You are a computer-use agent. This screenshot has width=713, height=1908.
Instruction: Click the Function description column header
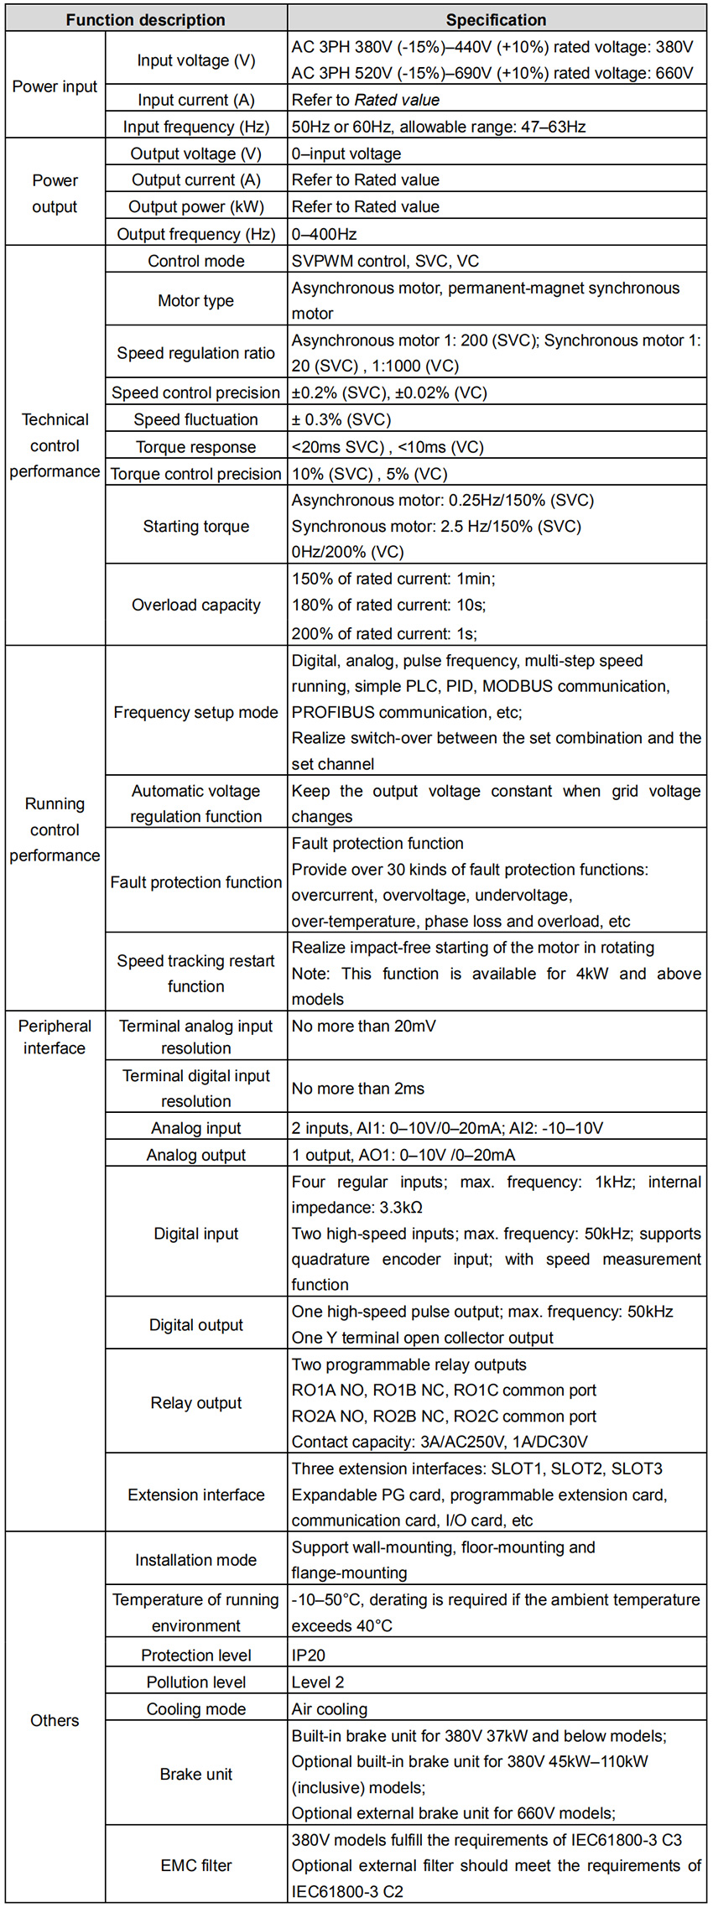(145, 19)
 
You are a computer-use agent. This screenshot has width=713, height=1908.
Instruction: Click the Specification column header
(496, 19)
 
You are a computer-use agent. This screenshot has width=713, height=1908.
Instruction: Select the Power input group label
(55, 86)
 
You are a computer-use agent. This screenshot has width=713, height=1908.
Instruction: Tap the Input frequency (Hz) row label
(196, 127)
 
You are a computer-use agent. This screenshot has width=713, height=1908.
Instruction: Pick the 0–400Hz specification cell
(325, 234)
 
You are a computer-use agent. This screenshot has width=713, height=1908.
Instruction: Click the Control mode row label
(196, 261)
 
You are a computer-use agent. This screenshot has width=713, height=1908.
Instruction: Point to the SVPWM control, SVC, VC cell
(386, 261)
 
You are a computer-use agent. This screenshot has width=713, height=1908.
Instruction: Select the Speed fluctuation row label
(196, 419)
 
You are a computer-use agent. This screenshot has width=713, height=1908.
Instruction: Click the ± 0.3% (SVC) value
(341, 419)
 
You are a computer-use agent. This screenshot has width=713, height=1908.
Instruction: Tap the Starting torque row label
(196, 526)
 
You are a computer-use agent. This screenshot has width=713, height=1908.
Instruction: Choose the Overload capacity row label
(196, 605)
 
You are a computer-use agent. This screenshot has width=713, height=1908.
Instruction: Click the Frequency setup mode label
(196, 712)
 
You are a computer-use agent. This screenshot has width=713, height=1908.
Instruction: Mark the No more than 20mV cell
(364, 1026)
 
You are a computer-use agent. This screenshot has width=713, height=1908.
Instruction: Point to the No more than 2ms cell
(358, 1089)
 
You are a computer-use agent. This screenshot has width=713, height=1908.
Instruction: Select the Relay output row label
(196, 1402)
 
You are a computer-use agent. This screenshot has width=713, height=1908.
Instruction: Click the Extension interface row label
(196, 1495)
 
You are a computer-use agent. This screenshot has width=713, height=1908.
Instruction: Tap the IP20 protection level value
(309, 1655)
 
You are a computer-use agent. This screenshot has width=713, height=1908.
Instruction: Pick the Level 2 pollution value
(318, 1682)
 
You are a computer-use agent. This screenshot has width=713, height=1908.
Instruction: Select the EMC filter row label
(196, 1865)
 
